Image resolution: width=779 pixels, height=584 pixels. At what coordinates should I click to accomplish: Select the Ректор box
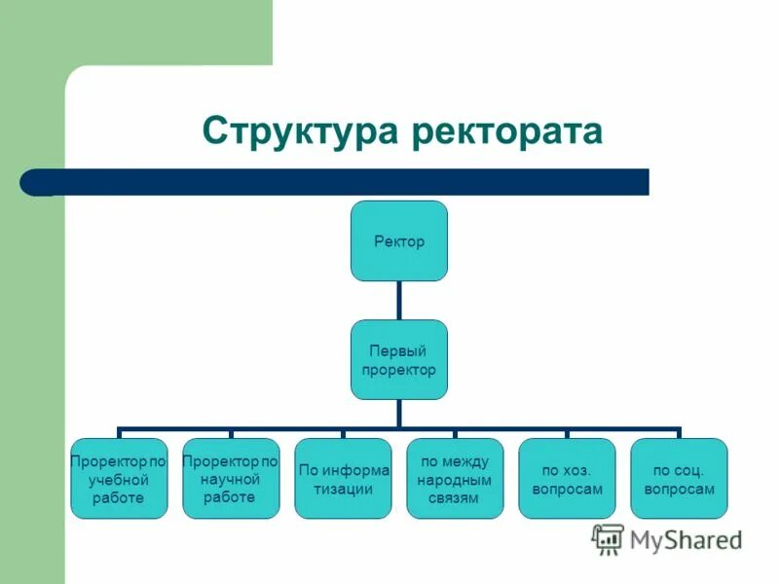[399, 240]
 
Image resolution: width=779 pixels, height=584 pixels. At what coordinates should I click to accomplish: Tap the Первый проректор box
[399, 359]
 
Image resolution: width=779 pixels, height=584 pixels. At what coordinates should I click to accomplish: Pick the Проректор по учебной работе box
[119, 478]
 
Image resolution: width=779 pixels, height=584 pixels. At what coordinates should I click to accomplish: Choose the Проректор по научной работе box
[231, 478]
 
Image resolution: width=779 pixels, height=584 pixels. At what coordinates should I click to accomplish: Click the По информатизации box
[343, 478]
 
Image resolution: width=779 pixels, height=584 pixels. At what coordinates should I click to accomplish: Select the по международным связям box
[455, 478]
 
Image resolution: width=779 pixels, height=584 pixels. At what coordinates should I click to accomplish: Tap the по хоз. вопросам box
[567, 478]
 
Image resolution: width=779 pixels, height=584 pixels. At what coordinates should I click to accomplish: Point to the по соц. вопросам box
[679, 478]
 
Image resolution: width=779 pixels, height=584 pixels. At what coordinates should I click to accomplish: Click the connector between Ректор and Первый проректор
[399, 300]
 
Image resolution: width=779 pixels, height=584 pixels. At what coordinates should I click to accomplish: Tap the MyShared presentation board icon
[609, 538]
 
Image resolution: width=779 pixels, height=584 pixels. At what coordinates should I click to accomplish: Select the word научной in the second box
[231, 479]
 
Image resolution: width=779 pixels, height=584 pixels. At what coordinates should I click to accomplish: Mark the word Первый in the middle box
[399, 350]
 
